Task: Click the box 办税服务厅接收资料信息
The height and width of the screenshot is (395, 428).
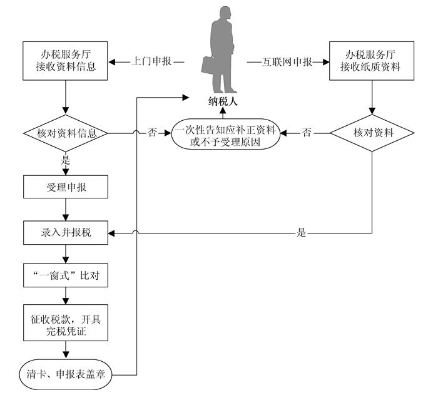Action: pos(65,61)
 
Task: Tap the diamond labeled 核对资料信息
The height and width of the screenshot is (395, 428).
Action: pos(65,133)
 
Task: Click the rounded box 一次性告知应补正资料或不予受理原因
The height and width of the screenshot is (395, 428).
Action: pos(225,133)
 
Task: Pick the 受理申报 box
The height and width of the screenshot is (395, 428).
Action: pos(65,187)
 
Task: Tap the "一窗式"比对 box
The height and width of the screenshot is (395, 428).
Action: pos(65,276)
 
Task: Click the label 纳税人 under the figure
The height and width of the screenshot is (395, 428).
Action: pos(223,102)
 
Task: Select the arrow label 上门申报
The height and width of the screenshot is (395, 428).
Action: pos(148,62)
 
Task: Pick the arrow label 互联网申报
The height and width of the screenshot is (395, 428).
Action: pos(287,62)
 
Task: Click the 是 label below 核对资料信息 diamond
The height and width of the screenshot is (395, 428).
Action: pos(65,160)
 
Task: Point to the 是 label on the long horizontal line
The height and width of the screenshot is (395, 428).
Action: pos(302,233)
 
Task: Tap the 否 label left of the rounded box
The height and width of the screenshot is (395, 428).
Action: pos(152,133)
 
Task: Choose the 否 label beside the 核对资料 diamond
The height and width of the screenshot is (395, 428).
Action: pos(307,133)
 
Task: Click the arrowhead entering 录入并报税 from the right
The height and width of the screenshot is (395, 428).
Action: pos(111,233)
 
